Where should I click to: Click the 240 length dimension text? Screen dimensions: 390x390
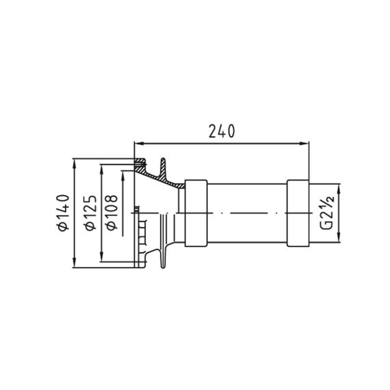pos(222,131)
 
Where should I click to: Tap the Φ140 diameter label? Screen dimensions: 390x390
pos(63,213)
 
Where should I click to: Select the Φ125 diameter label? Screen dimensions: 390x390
pos(90,213)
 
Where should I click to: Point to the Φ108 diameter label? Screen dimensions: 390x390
pos(112,213)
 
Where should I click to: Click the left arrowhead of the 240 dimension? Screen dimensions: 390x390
pos(138,143)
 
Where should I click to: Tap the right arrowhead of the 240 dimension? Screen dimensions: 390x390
pos(304,143)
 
